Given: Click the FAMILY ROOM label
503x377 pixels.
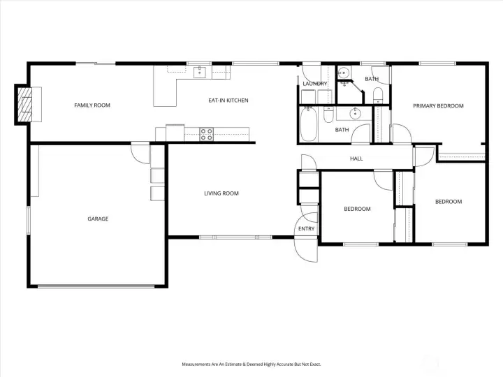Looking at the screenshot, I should coord(92,105).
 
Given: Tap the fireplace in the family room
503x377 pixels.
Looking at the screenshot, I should coord(26,104).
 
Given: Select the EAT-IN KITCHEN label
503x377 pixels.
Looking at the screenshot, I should coord(228,101).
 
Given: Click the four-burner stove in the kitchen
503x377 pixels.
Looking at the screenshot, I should coord(206,133).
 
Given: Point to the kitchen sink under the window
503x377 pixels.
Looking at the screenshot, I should coord(200,70).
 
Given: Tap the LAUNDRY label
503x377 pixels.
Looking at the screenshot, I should coord(315,84).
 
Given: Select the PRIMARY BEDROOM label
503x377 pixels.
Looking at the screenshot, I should coord(438,106).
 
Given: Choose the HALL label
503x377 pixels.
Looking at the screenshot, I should coord(356,158).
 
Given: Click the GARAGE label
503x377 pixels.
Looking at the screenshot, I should coord(98,219).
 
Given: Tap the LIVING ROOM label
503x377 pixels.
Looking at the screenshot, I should coord(221,193).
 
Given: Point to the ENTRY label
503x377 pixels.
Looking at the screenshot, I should coord(306,229).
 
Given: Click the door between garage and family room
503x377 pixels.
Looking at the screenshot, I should coord(140,152).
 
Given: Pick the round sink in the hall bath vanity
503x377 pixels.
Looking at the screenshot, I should coord(354,112).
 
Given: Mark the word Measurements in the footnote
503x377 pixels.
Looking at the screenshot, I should coord(198,364).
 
